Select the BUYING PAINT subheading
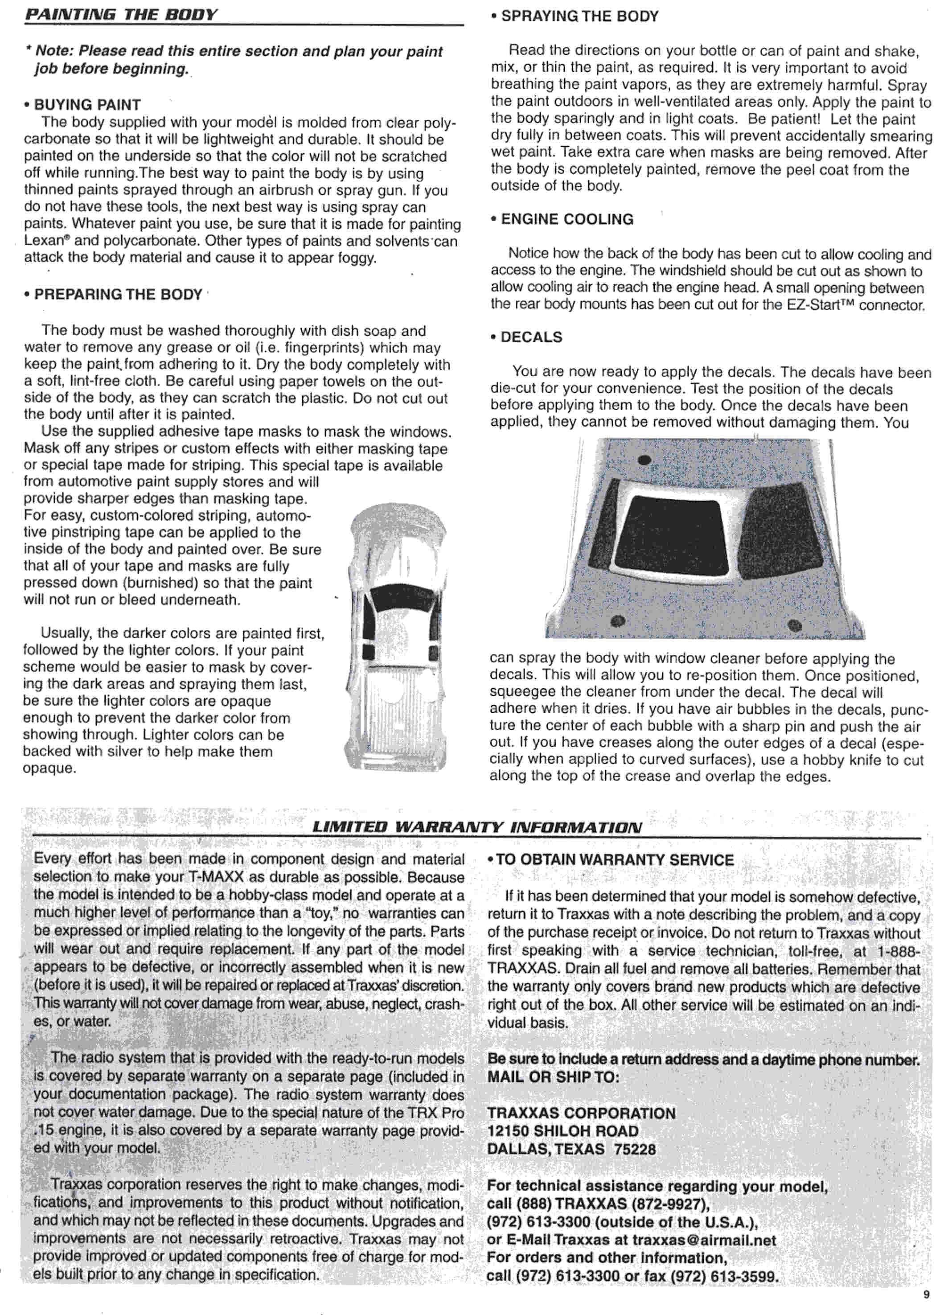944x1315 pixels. tap(87, 105)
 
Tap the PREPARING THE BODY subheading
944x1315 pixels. tap(118, 295)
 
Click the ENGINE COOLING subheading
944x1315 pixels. tap(566, 219)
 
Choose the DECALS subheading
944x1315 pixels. tap(530, 337)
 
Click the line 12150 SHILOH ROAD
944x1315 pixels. tap(562, 1131)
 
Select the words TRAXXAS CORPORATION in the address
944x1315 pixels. tap(581, 1113)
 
